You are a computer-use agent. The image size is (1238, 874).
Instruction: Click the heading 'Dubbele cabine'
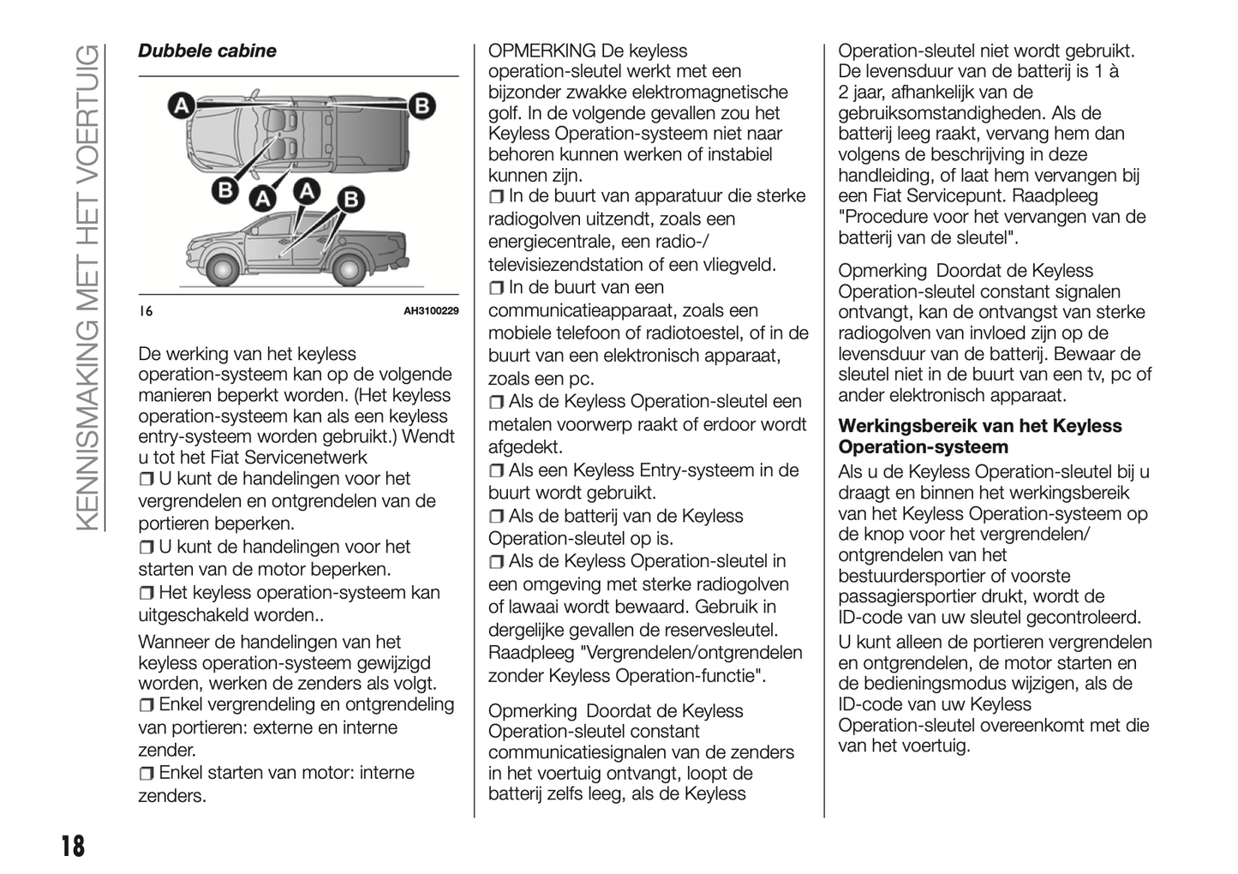[x=207, y=51]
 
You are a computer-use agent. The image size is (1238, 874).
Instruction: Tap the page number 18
[x=72, y=847]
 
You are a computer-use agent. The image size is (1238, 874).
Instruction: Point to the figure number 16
[x=146, y=311]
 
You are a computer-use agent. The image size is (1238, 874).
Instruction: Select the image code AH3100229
[x=431, y=311]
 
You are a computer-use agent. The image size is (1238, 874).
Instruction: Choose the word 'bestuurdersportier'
[x=912, y=576]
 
